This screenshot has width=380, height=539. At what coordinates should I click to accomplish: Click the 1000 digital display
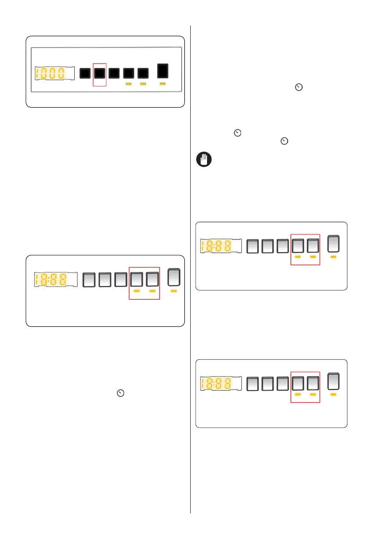pyautogui.click(x=49, y=74)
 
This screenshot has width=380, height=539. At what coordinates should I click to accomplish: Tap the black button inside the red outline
pyautogui.click(x=100, y=73)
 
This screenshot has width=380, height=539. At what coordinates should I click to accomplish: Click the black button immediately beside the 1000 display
pyautogui.click(x=85, y=73)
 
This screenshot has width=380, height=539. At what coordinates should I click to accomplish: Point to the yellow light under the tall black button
pyautogui.click(x=163, y=84)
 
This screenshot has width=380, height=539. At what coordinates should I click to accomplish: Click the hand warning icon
pyautogui.click(x=203, y=160)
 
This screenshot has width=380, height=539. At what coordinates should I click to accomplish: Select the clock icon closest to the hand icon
pyautogui.click(x=284, y=142)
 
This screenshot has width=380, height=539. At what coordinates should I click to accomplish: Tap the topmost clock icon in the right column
pyautogui.click(x=298, y=88)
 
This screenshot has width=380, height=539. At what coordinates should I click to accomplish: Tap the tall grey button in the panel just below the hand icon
pyautogui.click(x=334, y=243)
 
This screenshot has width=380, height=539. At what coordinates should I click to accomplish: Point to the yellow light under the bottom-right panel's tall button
pyautogui.click(x=334, y=395)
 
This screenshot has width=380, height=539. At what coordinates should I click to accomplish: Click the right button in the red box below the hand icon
pyautogui.click(x=313, y=246)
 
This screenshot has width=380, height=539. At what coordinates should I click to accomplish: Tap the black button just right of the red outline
pyautogui.click(x=114, y=73)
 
